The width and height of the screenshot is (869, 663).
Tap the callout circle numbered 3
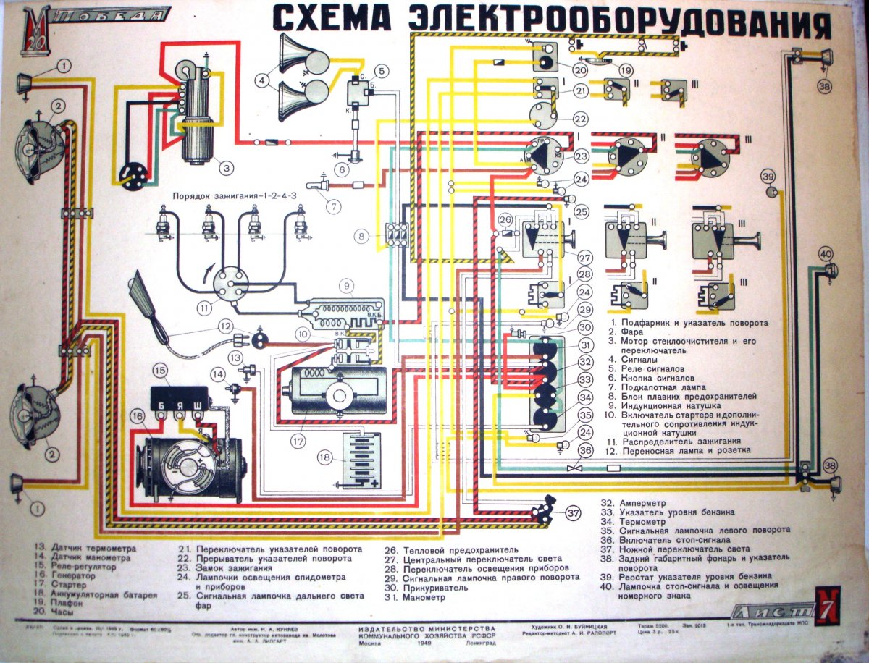(227, 168)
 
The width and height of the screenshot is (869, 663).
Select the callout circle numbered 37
(574, 515)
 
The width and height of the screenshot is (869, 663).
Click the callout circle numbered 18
(325, 457)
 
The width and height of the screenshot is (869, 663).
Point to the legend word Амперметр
(640, 502)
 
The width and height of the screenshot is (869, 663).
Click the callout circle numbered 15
(160, 371)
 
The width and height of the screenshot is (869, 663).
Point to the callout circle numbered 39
(768, 177)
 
